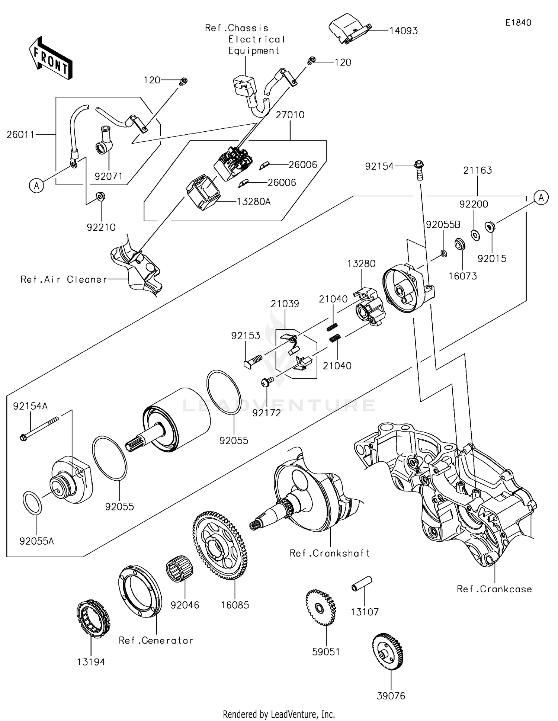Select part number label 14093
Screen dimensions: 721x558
pos(403,31)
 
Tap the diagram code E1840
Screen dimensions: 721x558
pos(518,23)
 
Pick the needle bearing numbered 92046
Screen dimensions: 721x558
pos(180,570)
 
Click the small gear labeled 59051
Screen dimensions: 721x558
pos(321,608)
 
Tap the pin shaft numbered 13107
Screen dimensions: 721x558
pos(362,583)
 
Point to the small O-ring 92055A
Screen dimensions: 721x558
pos(33,503)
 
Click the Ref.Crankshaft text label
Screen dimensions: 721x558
pos(330,553)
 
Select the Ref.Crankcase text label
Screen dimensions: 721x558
pos(494,589)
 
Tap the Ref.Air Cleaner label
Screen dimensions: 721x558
pos(64,279)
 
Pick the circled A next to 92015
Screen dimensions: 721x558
pos(541,198)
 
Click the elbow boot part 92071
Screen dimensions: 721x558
pos(105,141)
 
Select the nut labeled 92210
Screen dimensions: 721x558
pos(100,196)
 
